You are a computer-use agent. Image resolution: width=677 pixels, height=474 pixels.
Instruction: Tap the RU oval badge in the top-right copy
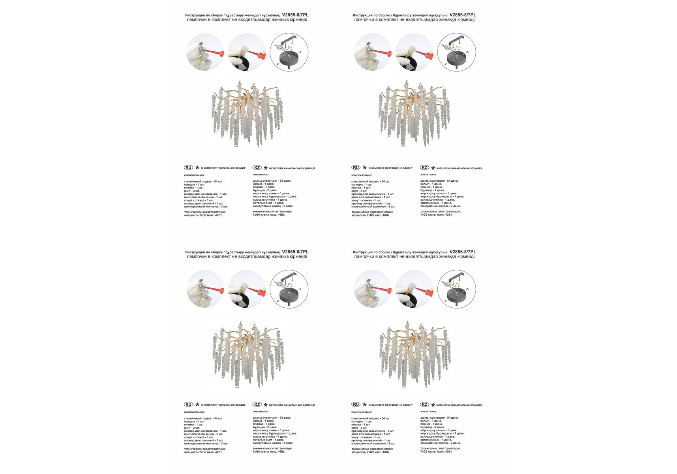pos(356,168)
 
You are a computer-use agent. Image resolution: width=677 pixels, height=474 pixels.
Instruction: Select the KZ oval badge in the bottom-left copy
pos(257,404)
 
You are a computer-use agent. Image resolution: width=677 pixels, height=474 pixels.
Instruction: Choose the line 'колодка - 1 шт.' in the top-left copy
pos(194,184)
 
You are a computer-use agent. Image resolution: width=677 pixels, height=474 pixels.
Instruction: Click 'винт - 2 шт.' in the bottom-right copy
pos(359,428)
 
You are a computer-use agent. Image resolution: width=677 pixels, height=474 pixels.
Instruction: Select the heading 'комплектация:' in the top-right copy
pos(362,175)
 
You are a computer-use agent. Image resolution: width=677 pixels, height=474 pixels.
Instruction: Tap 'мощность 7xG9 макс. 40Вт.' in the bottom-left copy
pos(203,452)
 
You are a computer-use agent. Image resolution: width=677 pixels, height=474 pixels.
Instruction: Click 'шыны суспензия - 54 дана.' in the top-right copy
pos(439,181)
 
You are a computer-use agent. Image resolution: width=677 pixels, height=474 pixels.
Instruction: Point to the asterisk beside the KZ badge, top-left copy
pos(265,168)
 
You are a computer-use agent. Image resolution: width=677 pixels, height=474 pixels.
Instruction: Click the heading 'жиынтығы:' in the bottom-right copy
pos(428,411)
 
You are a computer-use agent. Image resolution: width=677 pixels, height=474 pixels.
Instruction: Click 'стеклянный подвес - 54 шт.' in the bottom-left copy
pos(203,418)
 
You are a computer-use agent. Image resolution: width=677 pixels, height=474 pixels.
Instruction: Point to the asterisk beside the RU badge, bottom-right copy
pos(365,404)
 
